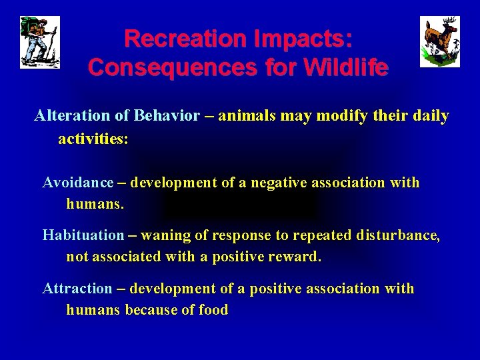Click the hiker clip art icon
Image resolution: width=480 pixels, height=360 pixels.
tap(40, 42)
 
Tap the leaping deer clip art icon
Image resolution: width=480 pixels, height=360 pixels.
tap(439, 42)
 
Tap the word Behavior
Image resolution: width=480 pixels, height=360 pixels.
tap(167, 116)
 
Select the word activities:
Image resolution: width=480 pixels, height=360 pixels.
tap(93, 139)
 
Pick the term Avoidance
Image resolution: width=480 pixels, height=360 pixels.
tap(78, 183)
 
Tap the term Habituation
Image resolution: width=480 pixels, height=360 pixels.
tap(83, 235)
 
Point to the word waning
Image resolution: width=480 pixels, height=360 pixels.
tap(165, 235)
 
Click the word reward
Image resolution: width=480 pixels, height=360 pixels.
tap(299, 257)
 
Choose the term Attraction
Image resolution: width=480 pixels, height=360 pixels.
tap(77, 289)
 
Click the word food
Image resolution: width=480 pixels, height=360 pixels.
tap(213, 310)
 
